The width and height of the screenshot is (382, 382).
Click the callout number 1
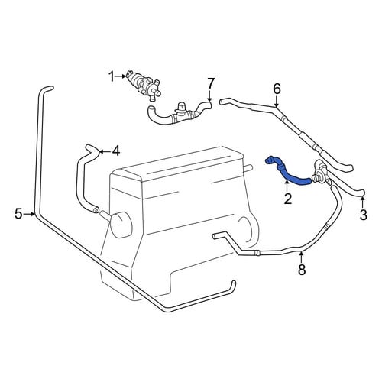[112, 76]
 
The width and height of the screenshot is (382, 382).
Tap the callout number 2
[288, 199]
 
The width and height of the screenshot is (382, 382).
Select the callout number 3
[363, 215]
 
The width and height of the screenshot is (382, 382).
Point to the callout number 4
[115, 151]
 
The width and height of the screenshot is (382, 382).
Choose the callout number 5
[18, 213]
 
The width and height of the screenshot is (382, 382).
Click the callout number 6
[277, 89]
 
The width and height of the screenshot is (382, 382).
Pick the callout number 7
[211, 83]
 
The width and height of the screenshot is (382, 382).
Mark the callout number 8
[302, 270]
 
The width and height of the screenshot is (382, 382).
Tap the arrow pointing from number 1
[121, 76]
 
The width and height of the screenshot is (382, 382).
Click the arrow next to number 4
[105, 152]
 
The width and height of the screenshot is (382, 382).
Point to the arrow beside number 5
[29, 214]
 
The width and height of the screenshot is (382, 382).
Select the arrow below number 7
[209, 95]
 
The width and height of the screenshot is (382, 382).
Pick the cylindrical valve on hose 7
[180, 112]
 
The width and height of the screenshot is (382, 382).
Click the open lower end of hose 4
[96, 210]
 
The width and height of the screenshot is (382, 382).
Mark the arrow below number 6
[277, 101]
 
